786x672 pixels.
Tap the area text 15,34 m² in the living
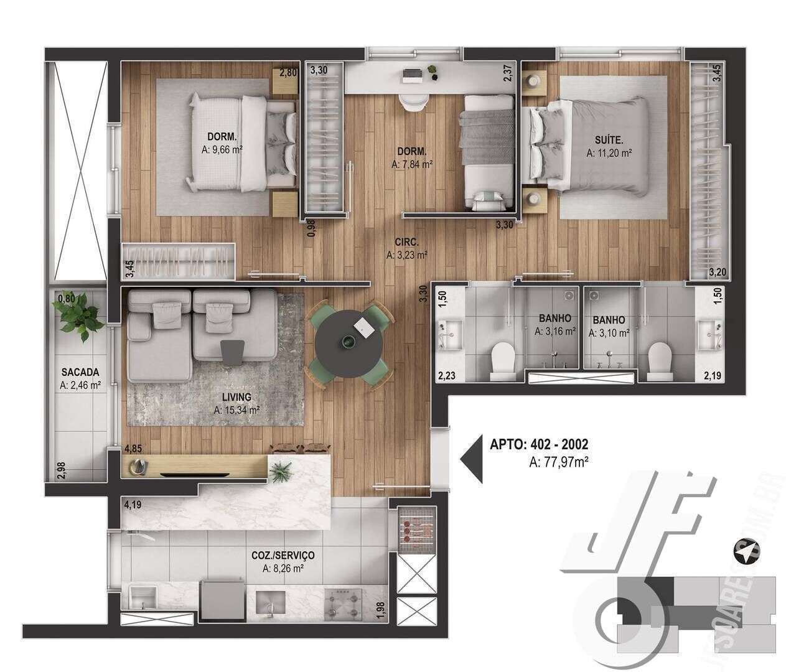point(236,410)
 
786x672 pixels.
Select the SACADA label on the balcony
point(80,372)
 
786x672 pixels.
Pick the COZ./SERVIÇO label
point(283,555)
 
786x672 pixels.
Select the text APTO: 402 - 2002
point(539,444)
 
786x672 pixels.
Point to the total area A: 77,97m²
point(558,462)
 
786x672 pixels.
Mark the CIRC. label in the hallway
point(406,242)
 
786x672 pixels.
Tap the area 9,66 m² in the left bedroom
point(222,149)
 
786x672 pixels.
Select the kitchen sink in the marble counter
point(271,602)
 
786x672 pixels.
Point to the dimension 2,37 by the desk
point(508,73)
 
